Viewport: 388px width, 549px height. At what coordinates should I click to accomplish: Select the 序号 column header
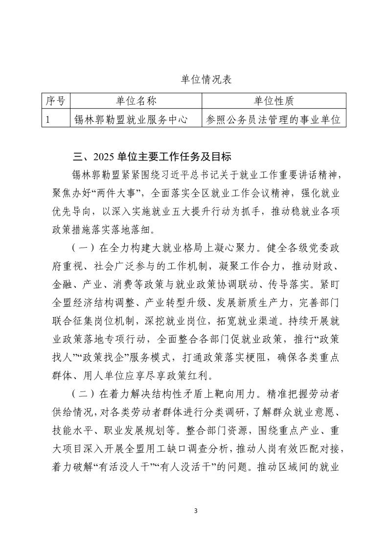click(x=55, y=101)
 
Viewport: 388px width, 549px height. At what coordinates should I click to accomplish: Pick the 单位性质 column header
click(x=274, y=101)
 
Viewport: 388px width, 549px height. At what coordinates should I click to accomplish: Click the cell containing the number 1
click(x=48, y=119)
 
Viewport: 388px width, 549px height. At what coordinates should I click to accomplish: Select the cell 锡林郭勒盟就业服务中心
click(x=131, y=119)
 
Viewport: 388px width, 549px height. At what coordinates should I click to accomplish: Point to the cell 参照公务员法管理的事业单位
click(x=274, y=119)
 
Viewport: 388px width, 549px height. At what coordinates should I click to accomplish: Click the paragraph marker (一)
click(x=81, y=248)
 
